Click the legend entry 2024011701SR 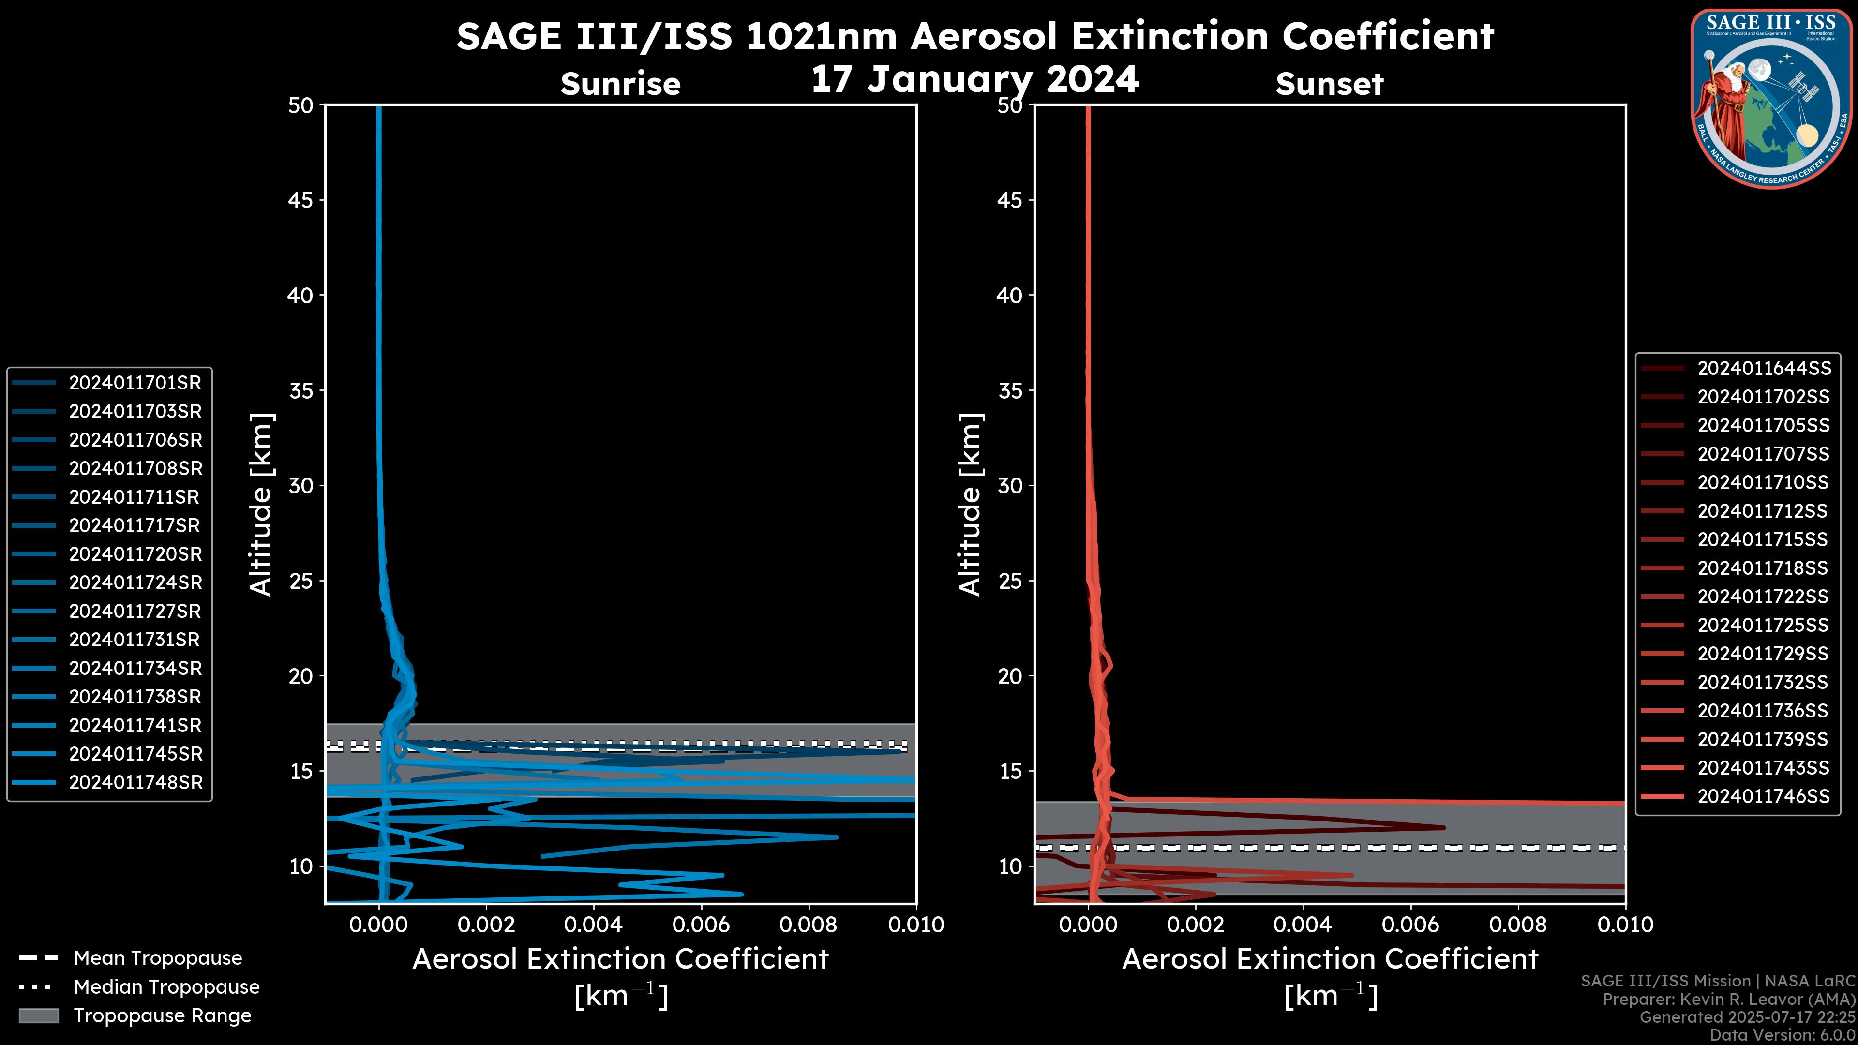[135, 383]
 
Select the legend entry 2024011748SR [135, 782]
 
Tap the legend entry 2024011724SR [135, 582]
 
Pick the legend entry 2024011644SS [1764, 369]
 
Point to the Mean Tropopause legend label [157, 958]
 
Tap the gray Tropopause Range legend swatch [38, 1015]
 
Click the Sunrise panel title [620, 84]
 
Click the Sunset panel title [1329, 84]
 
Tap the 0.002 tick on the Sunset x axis [1196, 925]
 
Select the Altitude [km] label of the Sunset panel [970, 504]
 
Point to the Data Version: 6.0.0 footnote [1783, 1035]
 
